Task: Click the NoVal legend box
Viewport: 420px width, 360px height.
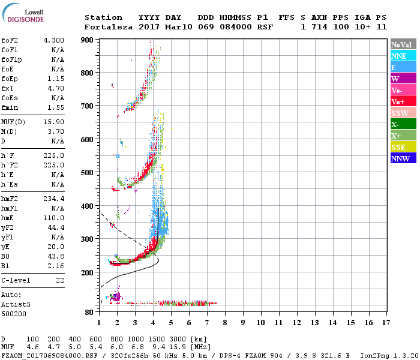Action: tap(403, 44)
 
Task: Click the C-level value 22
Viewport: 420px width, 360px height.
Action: tap(60, 280)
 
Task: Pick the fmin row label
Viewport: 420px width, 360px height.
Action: tap(10, 107)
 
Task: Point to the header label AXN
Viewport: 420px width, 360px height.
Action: tap(319, 17)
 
